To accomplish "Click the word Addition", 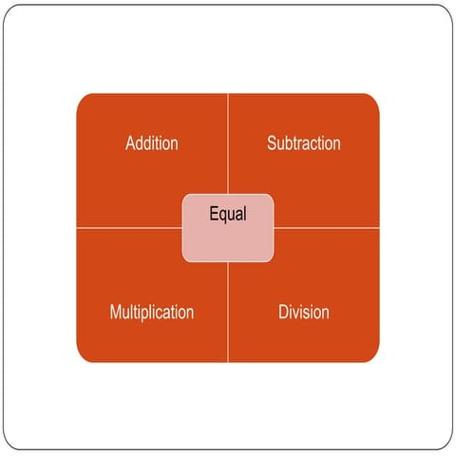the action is pyautogui.click(x=152, y=143).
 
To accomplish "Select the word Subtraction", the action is pyautogui.click(x=304, y=143).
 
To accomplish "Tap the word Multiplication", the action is pyautogui.click(x=152, y=313).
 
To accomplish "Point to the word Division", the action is pyautogui.click(x=304, y=312).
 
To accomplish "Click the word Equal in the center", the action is pyautogui.click(x=228, y=214).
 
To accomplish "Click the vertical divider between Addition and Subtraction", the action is pyautogui.click(x=228, y=143).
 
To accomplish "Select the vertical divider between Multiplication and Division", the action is pyautogui.click(x=228, y=313).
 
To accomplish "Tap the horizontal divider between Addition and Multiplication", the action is pyautogui.click(x=129, y=227).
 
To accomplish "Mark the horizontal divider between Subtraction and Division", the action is pyautogui.click(x=327, y=227).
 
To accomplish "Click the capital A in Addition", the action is pyautogui.click(x=130, y=143).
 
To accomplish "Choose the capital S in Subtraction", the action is pyautogui.click(x=272, y=143).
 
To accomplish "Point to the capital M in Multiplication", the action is pyautogui.click(x=116, y=312).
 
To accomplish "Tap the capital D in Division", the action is pyautogui.click(x=284, y=312).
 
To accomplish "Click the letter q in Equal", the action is pyautogui.click(x=223, y=217).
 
